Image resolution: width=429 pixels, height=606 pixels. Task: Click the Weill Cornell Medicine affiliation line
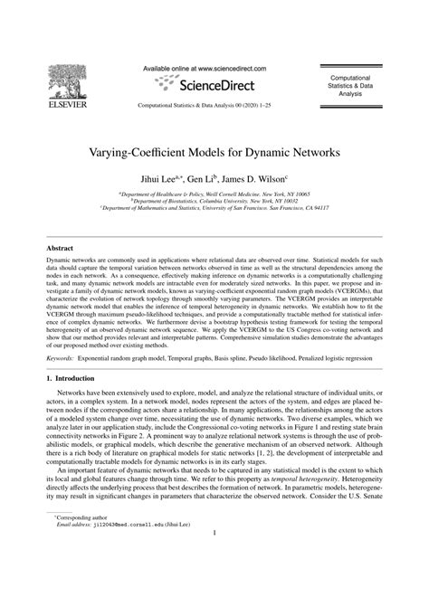214,194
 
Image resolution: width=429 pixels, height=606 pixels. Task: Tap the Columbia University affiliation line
214,201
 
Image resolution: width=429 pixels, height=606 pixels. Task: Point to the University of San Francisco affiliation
214,208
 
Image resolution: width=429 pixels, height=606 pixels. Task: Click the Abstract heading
61,247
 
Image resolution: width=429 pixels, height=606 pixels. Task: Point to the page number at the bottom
214,583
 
